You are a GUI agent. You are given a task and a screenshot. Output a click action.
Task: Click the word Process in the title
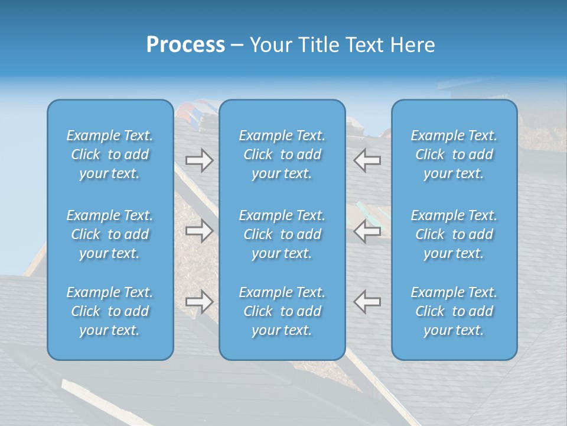click(x=185, y=45)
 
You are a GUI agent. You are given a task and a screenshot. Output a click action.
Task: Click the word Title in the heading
click(x=319, y=45)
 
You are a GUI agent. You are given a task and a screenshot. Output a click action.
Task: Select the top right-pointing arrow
click(x=199, y=160)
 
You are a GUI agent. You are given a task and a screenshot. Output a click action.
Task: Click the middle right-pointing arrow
click(x=199, y=231)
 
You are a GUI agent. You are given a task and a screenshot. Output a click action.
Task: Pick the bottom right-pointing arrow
click(x=199, y=302)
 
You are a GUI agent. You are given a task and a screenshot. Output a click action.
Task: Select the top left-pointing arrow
click(x=367, y=160)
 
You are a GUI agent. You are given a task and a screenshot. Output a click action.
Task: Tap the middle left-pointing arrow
click(x=367, y=231)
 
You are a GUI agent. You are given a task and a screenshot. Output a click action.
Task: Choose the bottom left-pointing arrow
click(x=367, y=302)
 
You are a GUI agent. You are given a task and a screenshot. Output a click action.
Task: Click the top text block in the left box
click(x=110, y=154)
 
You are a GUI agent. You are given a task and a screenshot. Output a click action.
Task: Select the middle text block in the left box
click(x=110, y=234)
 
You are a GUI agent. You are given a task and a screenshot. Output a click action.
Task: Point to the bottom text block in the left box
click(x=110, y=311)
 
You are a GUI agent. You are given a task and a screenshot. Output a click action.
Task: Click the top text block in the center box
click(x=282, y=154)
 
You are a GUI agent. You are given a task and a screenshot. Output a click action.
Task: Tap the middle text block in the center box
click(x=282, y=234)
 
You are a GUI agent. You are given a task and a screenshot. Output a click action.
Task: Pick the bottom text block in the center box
click(x=282, y=311)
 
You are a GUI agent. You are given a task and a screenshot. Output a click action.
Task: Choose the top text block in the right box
click(x=454, y=154)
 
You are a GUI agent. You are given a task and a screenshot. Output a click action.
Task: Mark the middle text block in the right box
click(x=454, y=234)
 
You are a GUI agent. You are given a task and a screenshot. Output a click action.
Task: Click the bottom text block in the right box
click(x=454, y=311)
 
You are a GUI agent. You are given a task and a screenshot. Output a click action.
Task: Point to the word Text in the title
click(x=363, y=45)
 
